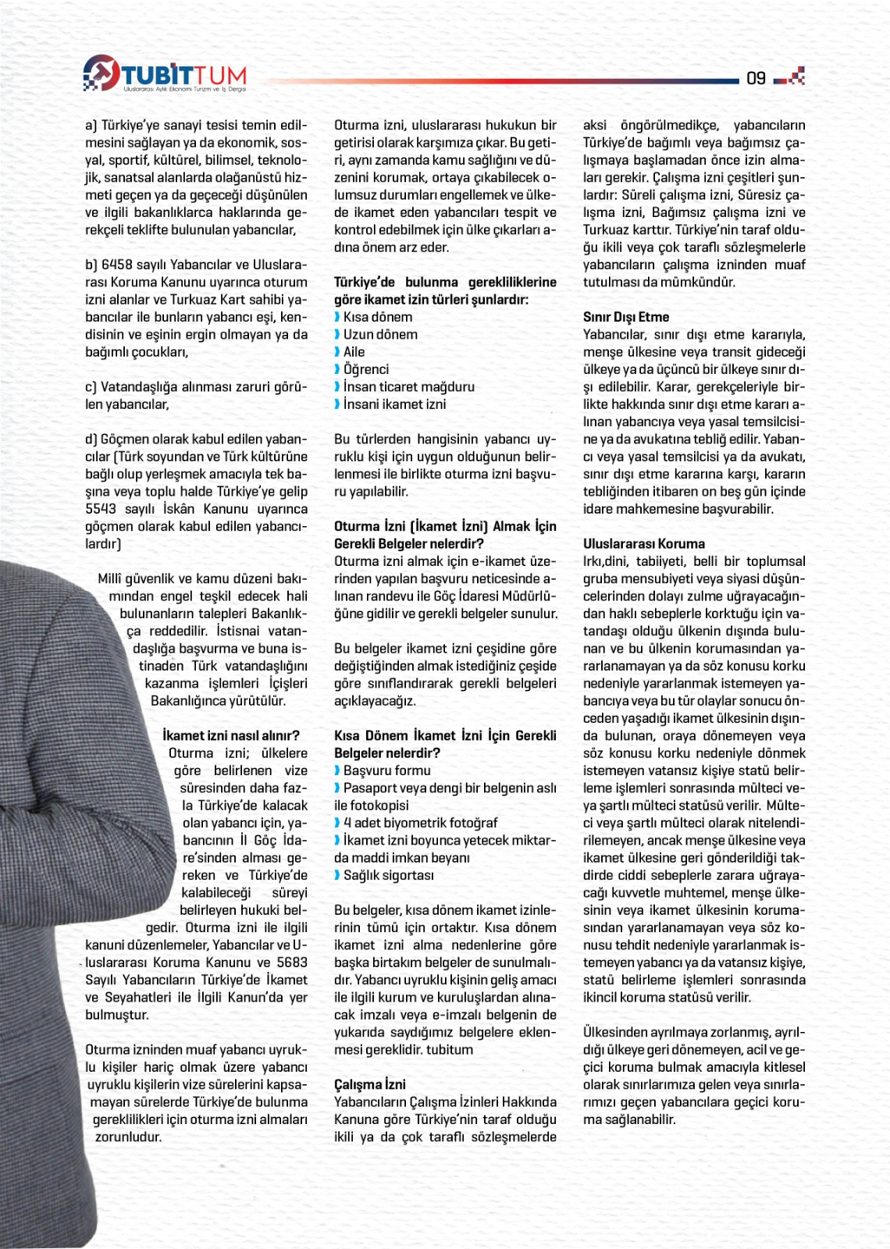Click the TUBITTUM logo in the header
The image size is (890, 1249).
click(165, 74)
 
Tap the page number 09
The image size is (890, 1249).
click(756, 77)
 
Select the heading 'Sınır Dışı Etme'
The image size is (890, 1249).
click(625, 317)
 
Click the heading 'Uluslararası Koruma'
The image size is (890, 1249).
click(643, 543)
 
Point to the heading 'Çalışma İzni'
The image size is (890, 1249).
click(370, 1084)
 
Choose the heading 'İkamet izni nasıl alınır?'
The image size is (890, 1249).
click(231, 735)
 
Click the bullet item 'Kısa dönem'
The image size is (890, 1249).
click(377, 317)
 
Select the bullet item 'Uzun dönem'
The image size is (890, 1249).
click(379, 334)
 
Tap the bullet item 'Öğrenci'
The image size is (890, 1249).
click(365, 369)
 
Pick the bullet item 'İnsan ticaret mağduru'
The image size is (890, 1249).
click(408, 386)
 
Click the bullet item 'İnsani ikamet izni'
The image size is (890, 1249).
click(394, 404)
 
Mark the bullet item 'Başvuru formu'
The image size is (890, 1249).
click(386, 770)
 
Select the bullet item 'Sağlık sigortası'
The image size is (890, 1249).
click(388, 875)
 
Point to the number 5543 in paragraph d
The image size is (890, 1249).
click(101, 509)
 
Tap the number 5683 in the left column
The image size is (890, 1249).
click(292, 963)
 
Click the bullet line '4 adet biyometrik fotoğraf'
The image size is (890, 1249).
click(419, 823)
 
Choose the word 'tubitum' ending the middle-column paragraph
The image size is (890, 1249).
click(450, 1049)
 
